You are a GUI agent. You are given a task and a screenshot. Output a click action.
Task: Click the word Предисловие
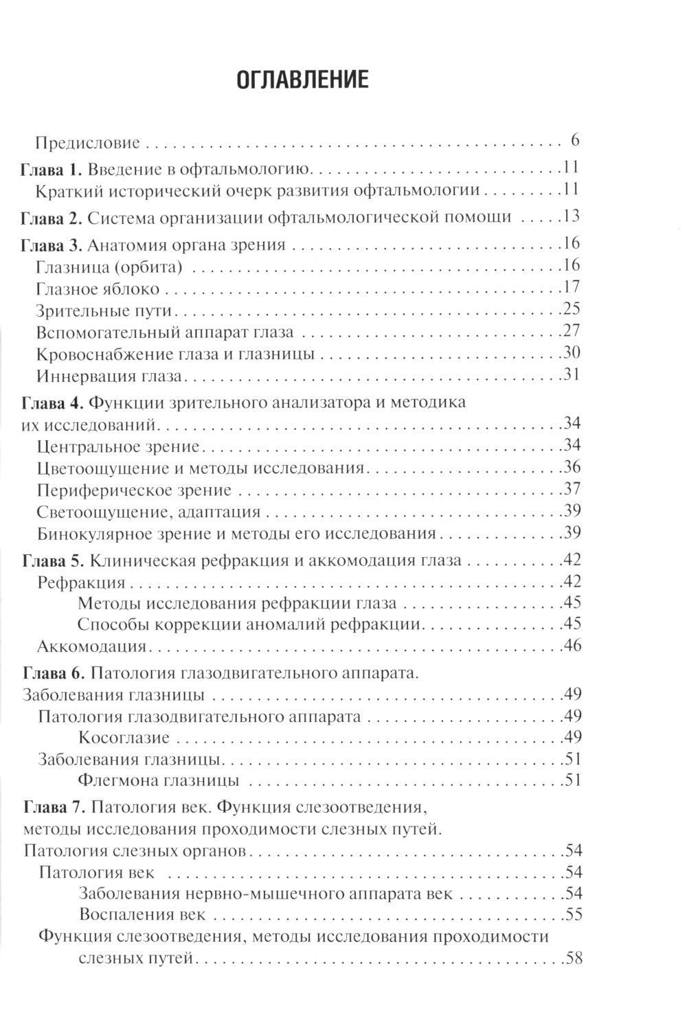(88, 143)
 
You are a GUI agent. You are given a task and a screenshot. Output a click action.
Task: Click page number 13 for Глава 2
(571, 216)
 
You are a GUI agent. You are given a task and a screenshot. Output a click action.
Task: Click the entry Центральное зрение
(118, 446)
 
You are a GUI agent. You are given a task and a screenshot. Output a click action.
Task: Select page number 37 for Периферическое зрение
(572, 489)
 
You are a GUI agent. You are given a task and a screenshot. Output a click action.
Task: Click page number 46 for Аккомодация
(572, 646)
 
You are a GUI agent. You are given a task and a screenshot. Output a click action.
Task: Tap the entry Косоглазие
(124, 738)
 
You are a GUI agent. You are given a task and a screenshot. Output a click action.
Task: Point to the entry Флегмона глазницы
(159, 781)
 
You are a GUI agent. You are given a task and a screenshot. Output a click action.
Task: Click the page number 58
(572, 958)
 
